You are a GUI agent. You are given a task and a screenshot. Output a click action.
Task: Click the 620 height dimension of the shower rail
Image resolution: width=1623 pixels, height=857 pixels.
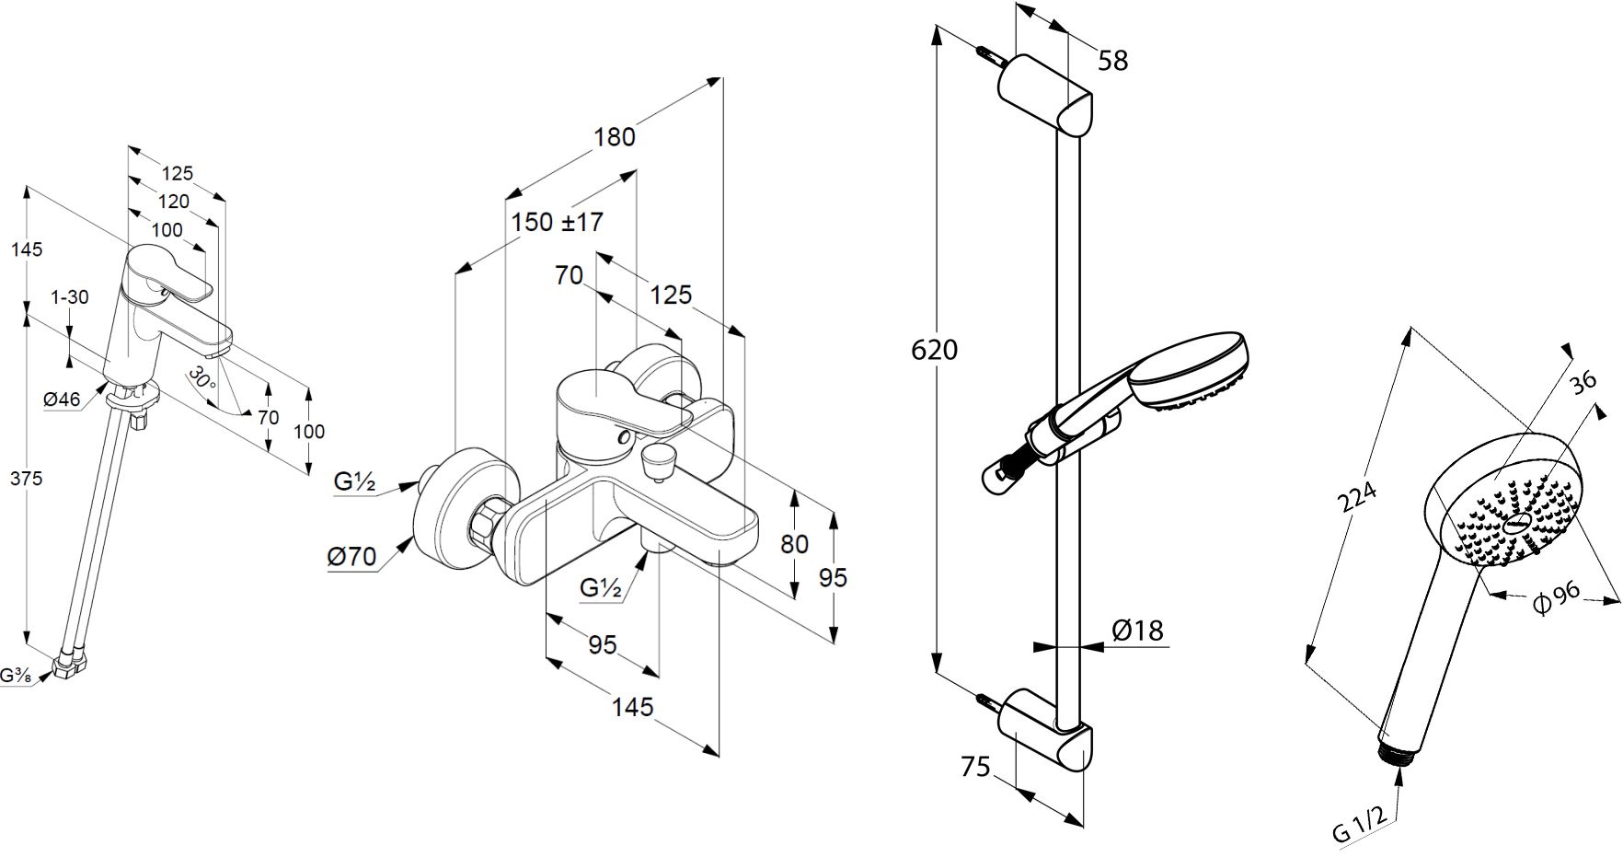coord(934,350)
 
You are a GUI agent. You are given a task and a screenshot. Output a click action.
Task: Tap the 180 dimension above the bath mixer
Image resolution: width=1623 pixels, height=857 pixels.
coord(615,137)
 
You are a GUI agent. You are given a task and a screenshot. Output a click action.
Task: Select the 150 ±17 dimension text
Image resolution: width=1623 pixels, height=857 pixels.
coord(558,222)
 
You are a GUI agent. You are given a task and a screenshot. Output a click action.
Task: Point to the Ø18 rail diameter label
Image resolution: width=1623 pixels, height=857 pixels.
coord(1137,631)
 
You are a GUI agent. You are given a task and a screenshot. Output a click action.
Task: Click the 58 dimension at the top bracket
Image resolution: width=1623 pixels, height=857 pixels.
coord(1112,61)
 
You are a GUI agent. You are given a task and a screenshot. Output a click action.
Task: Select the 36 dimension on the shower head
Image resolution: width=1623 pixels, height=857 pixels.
coord(1583,382)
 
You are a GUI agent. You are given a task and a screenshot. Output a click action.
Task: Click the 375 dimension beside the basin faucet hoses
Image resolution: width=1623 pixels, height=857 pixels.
coord(28,479)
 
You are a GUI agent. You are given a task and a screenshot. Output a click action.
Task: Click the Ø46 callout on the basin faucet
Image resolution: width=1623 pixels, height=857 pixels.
coord(62,399)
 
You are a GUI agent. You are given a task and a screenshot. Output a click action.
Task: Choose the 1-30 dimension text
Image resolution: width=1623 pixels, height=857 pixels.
coord(69,296)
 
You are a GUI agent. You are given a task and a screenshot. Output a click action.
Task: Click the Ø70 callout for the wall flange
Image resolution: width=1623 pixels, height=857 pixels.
coord(352,556)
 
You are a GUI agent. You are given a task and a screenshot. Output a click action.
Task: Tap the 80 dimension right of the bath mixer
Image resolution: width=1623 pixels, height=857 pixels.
coord(794,544)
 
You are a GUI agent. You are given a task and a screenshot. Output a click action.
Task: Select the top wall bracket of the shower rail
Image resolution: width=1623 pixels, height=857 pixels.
coord(1048,96)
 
